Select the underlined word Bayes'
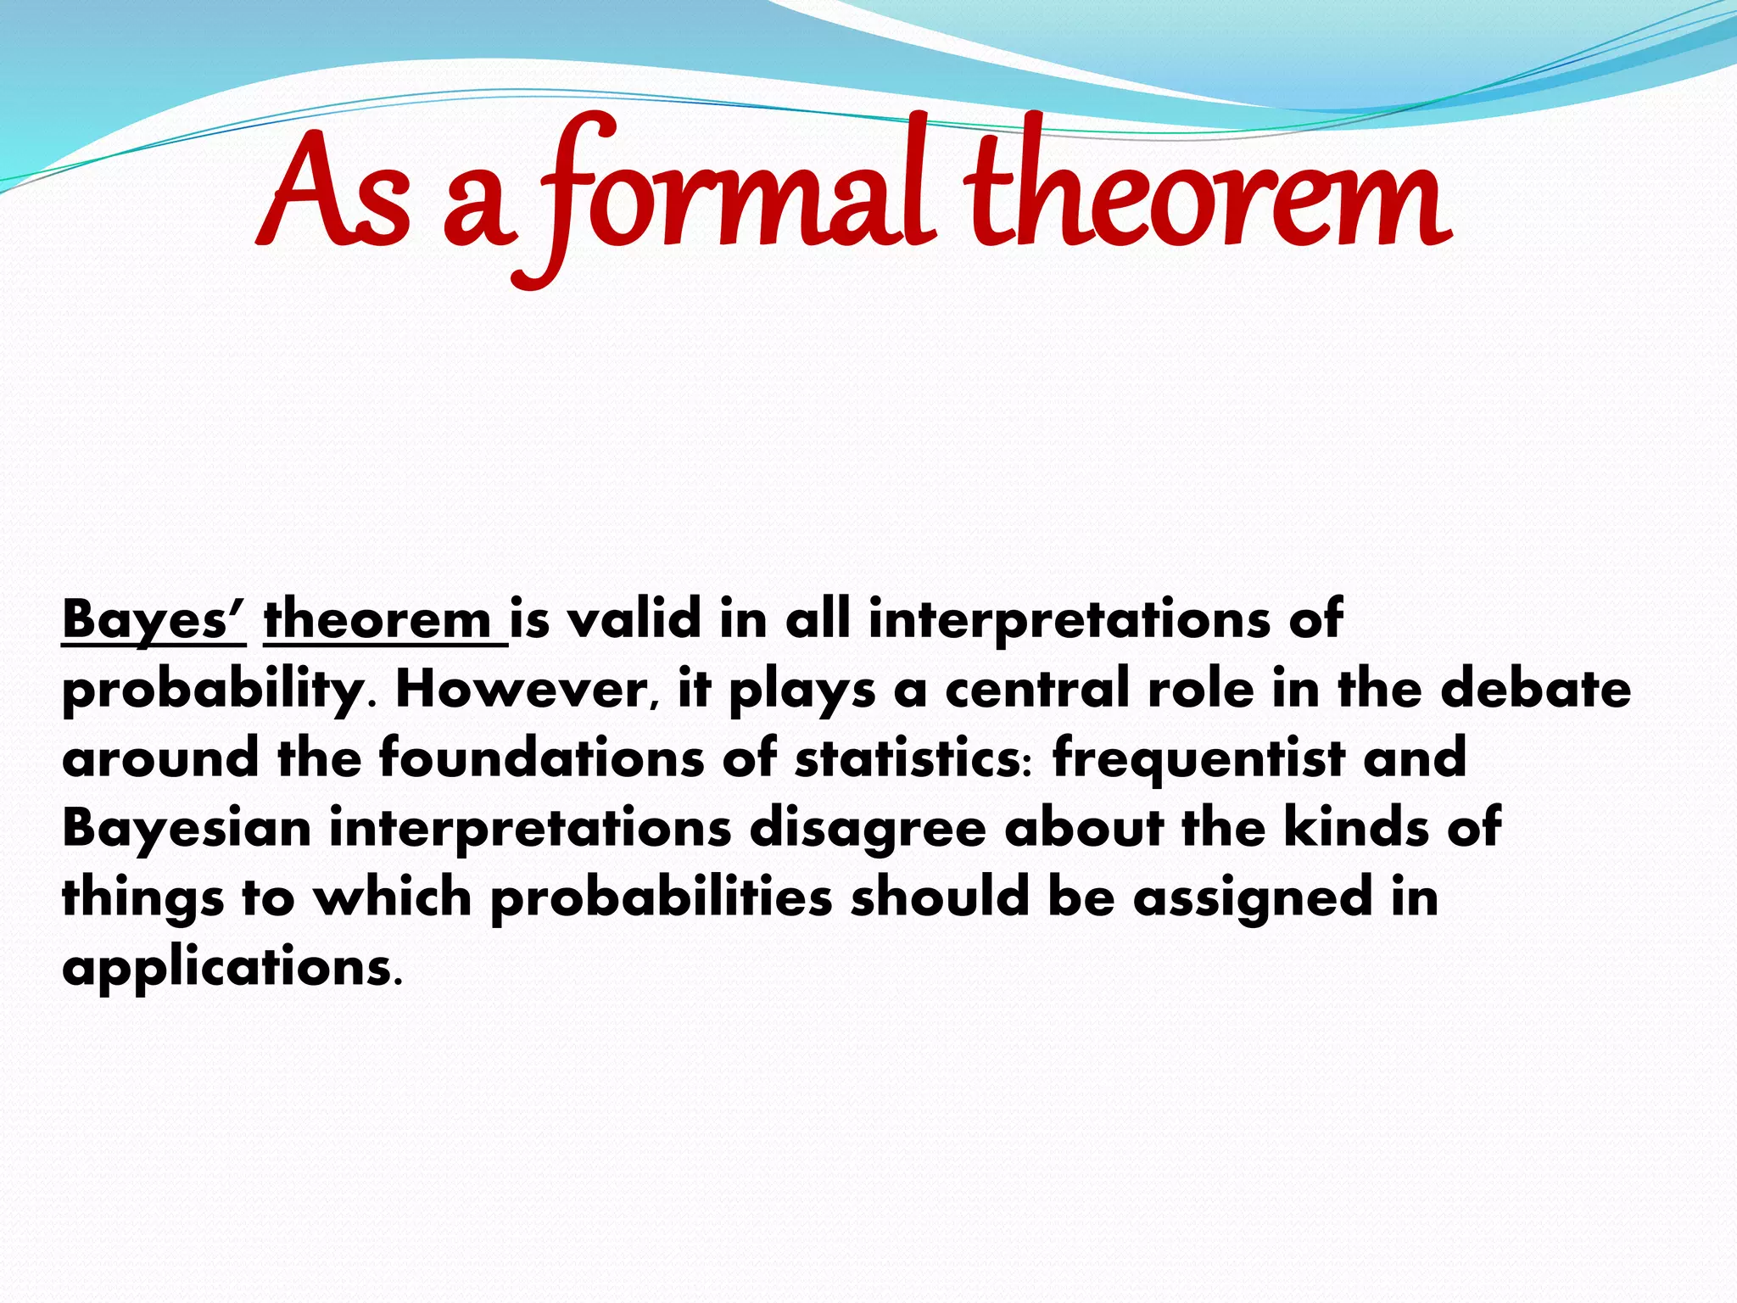pos(154,619)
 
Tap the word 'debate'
pos(1535,688)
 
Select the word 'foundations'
pos(541,758)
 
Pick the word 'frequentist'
pos(1198,758)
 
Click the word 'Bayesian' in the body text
pos(187,828)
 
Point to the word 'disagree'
pos(868,828)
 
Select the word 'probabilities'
pos(661,898)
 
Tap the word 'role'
pos(1200,688)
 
